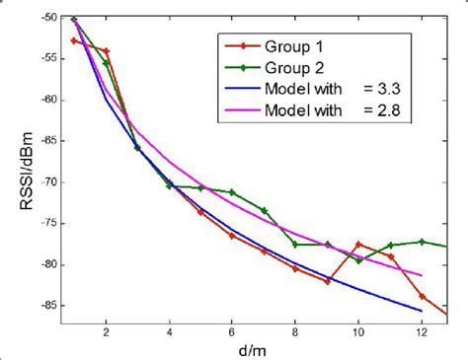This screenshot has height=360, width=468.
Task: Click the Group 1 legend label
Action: click(293, 46)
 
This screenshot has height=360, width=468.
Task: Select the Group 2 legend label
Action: click(293, 67)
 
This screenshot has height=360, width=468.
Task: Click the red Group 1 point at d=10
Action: click(358, 244)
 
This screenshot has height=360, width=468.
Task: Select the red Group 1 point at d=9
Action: click(327, 281)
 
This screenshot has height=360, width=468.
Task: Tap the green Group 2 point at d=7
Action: click(264, 210)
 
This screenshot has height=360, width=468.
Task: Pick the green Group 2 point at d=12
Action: click(422, 241)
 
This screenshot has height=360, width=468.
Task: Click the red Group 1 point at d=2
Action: click(106, 51)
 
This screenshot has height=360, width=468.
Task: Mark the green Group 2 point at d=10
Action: click(358, 260)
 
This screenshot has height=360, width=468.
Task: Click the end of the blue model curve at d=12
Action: click(422, 311)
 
